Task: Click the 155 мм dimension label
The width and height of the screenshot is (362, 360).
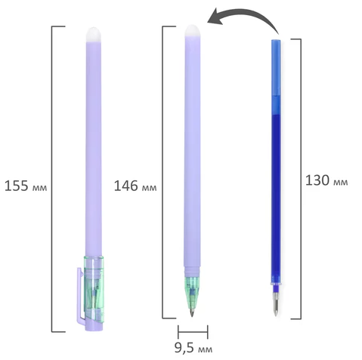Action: pyautogui.click(x=26, y=186)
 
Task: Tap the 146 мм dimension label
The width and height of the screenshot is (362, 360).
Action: pyautogui.click(x=135, y=186)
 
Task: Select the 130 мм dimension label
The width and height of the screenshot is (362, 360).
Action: pyautogui.click(x=326, y=180)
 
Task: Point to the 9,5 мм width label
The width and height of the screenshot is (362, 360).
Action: pyautogui.click(x=193, y=348)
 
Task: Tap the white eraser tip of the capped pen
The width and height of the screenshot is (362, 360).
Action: pyautogui.click(x=94, y=35)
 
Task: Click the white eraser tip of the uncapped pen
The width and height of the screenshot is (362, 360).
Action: pyautogui.click(x=193, y=31)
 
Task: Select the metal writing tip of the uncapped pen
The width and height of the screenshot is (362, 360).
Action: pyautogui.click(x=192, y=312)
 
